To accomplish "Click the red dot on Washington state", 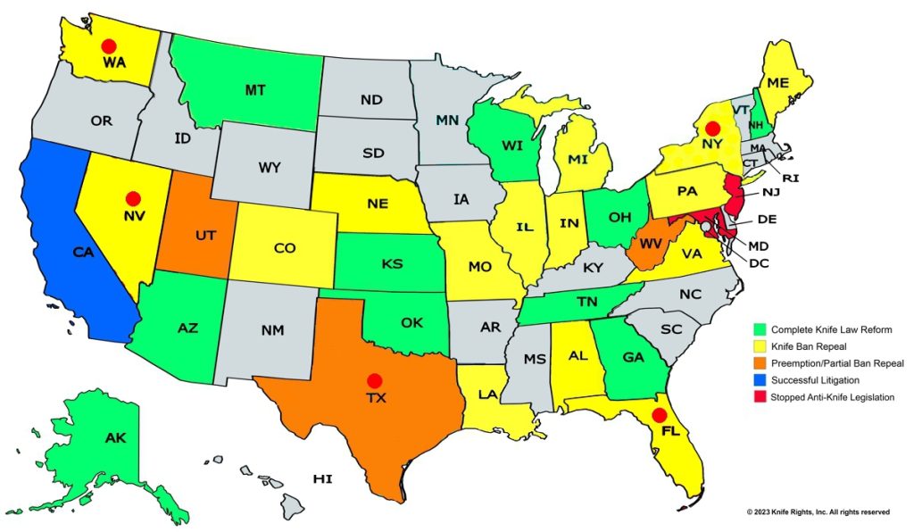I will pyautogui.click(x=109, y=46).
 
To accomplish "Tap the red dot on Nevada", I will pyautogui.click(x=133, y=197).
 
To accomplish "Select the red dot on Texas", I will pyautogui.click(x=375, y=379).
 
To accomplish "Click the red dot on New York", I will pyautogui.click(x=711, y=129).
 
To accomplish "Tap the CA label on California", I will pyautogui.click(x=83, y=253).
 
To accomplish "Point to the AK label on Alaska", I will pyautogui.click(x=116, y=438).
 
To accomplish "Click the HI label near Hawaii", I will pyautogui.click(x=322, y=479).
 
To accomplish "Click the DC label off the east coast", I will pyautogui.click(x=757, y=262).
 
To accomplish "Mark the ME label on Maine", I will pyautogui.click(x=778, y=83).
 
